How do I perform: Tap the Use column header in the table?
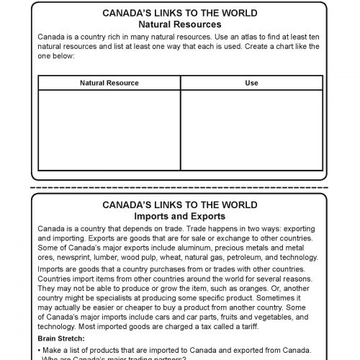pyautogui.click(x=251, y=83)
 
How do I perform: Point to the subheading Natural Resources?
pyautogui.click(x=180, y=23)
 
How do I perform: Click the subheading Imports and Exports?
pyautogui.click(x=180, y=215)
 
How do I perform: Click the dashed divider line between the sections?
pyautogui.click(x=180, y=189)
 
